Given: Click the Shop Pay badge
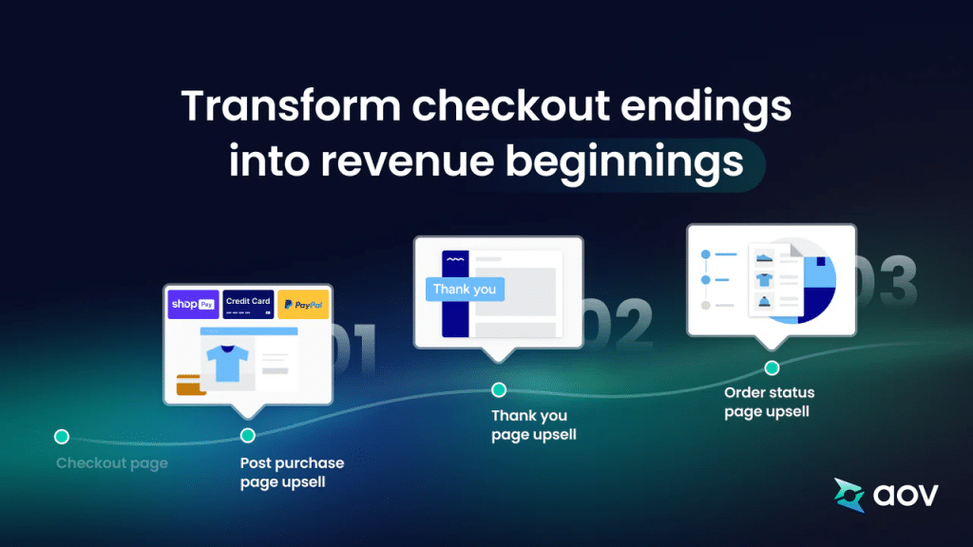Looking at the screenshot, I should [194, 304].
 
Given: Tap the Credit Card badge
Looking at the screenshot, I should [248, 304].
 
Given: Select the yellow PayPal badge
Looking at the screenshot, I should [303, 304].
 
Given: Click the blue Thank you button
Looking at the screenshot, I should [464, 290].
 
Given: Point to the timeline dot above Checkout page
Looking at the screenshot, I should [62, 437].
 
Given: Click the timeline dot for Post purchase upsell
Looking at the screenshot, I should [248, 436].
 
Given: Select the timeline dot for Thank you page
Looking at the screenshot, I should [499, 389].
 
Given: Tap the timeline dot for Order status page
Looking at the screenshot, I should [772, 368].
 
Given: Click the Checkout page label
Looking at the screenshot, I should [112, 463].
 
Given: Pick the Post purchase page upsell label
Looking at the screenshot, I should [292, 472].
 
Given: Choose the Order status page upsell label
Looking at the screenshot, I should [769, 402].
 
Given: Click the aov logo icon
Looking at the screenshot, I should [849, 494].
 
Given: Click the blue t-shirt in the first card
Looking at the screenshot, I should [228, 363].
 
